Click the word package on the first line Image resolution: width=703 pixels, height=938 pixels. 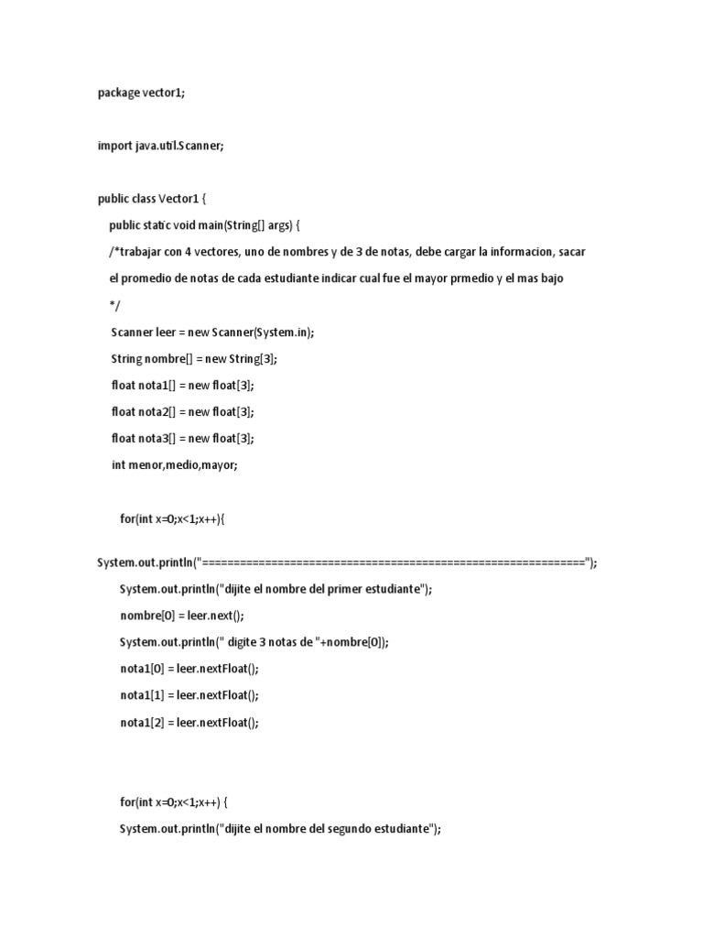pos(119,93)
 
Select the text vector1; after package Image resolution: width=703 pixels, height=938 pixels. pos(165,93)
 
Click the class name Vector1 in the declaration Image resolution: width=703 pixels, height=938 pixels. pos(178,199)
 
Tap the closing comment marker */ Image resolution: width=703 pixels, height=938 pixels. pos(115,305)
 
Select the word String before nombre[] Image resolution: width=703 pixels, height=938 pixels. pos(127,358)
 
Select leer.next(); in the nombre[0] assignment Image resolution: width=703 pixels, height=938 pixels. pos(217,616)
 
